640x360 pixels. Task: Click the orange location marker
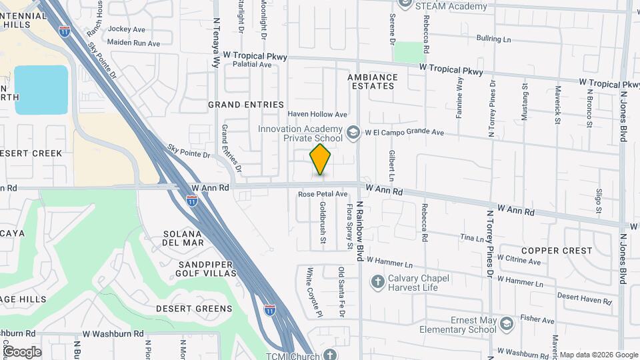coord(320,159)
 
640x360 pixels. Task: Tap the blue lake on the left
coord(41,89)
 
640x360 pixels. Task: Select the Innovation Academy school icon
coord(353,133)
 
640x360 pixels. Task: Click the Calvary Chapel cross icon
coord(378,282)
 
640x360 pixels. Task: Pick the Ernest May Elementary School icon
coord(506,325)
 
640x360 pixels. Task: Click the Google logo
coord(21,352)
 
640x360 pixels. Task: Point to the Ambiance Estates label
coord(373,81)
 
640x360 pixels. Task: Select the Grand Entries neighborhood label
coord(238,105)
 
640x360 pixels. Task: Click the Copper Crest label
coord(557,251)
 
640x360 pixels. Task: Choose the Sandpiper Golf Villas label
coord(197,269)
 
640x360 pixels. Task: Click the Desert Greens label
coord(194,309)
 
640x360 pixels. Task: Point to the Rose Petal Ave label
coord(323,194)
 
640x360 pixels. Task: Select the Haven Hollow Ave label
coord(317,115)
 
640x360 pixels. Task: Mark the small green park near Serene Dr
coord(409,52)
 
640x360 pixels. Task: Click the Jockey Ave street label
coord(127,29)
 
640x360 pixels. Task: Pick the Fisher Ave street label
coord(539,321)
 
